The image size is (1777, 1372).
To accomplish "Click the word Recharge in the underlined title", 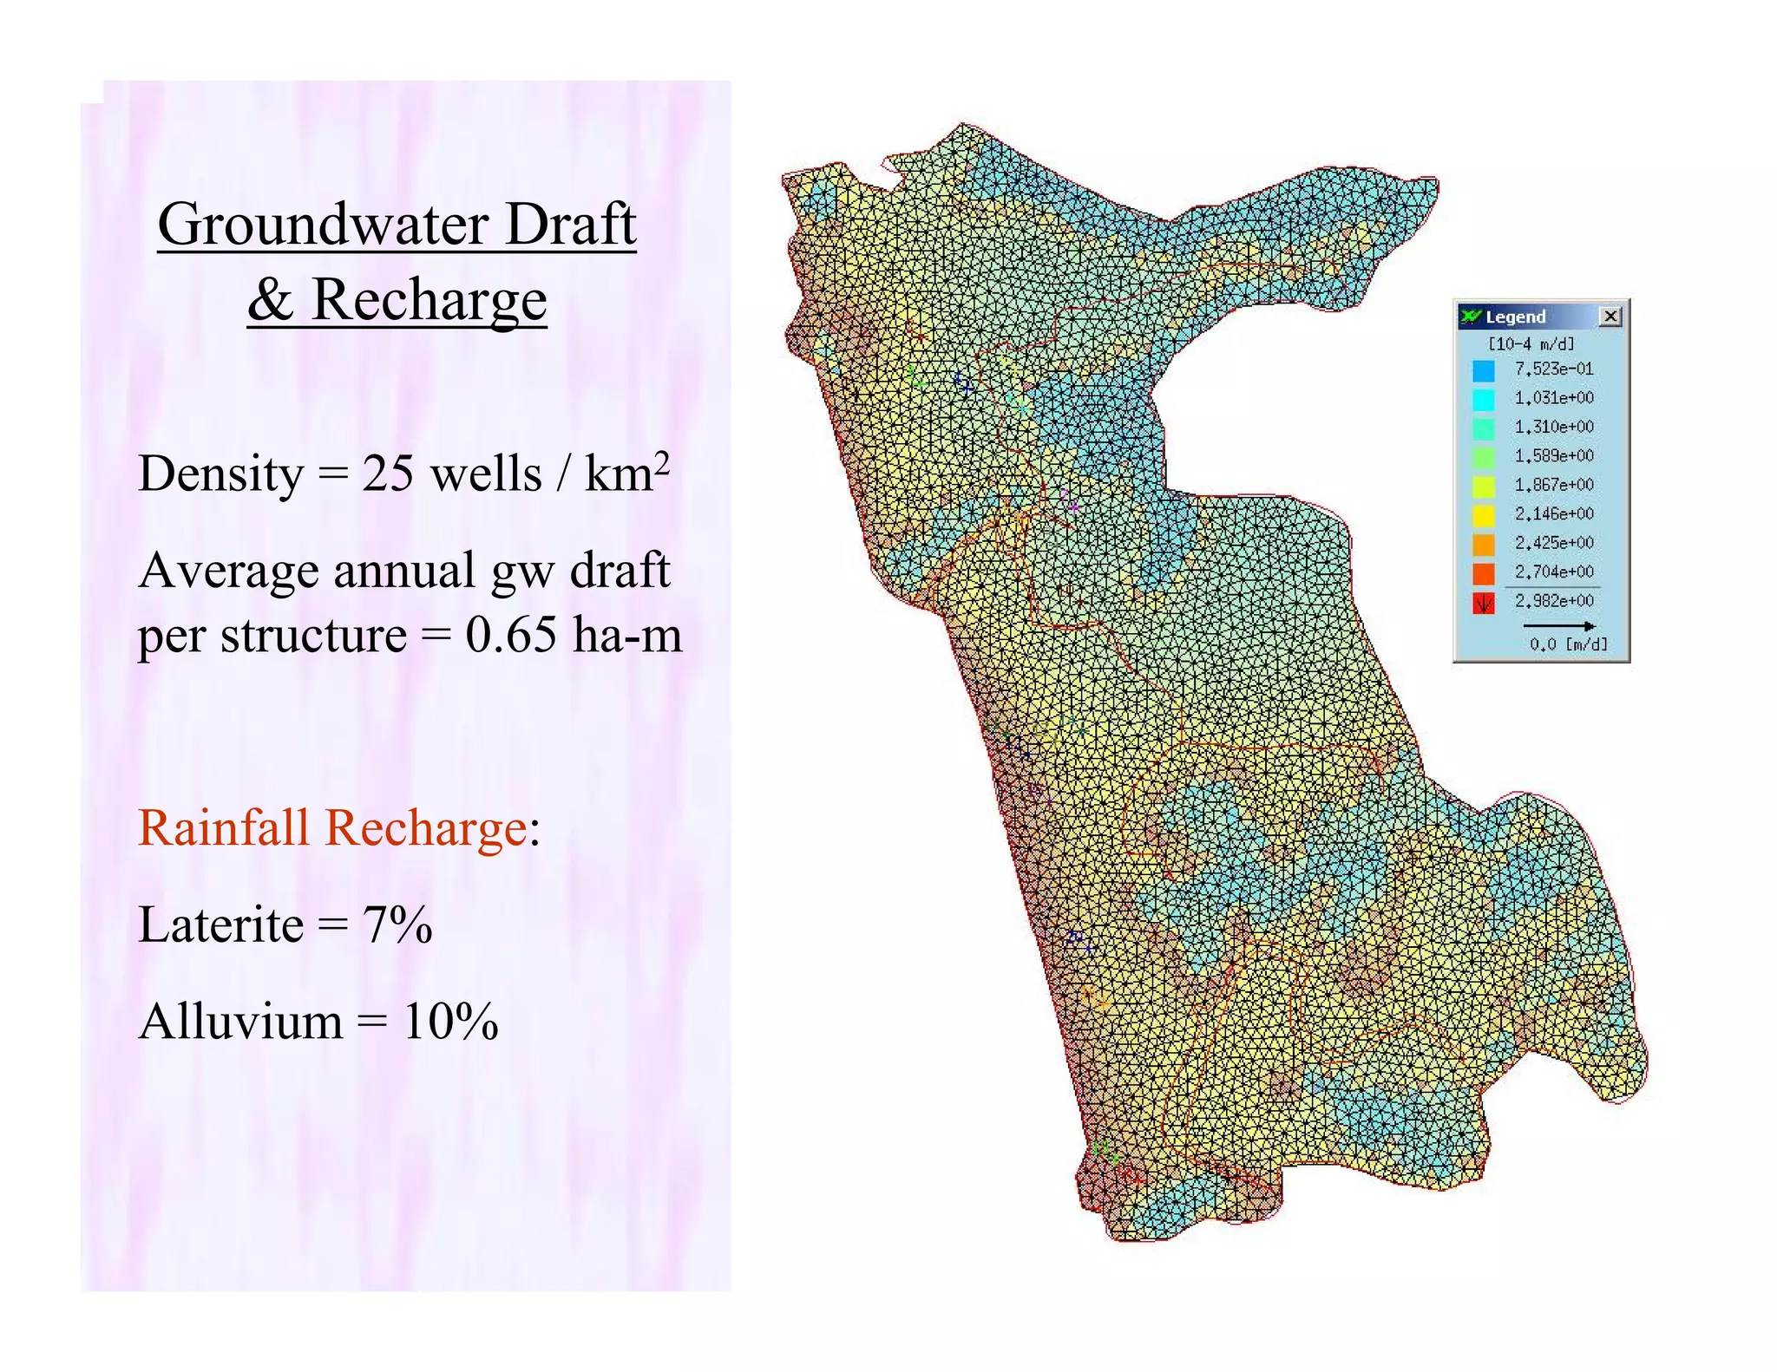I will [x=429, y=300].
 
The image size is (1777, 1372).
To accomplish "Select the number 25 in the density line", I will [x=387, y=474].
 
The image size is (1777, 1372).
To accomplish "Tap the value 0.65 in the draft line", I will [x=510, y=635].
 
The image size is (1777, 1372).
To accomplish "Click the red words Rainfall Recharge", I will [x=332, y=827].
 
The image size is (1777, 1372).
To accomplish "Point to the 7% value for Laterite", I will [x=397, y=924].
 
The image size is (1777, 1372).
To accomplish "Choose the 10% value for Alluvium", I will [x=450, y=1022].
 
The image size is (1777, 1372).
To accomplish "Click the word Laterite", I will [x=220, y=924].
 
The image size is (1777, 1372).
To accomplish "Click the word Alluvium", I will [x=240, y=1022].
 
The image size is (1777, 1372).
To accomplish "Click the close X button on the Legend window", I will [x=1610, y=317].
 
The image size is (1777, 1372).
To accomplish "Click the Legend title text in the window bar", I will [x=1515, y=317].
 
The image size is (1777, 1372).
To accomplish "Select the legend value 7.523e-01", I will [x=1553, y=369].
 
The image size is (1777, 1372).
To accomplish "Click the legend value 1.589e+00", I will [x=1553, y=456].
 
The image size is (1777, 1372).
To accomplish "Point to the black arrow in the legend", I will [x=1558, y=625].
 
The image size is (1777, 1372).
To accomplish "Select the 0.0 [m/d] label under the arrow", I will [x=1568, y=644].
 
